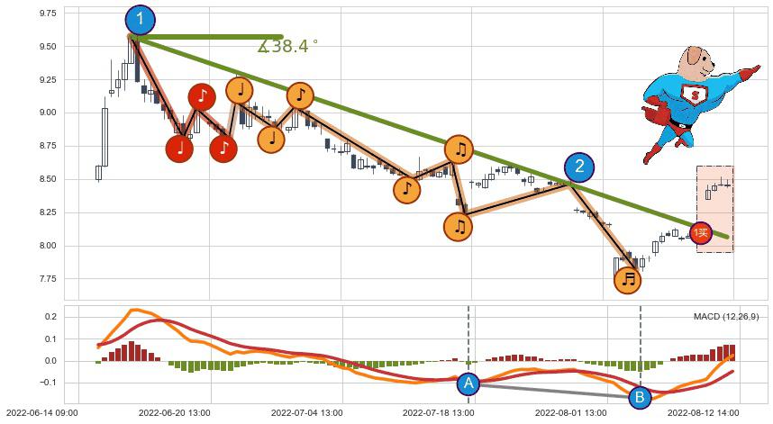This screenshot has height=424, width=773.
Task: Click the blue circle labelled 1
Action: [x=139, y=18]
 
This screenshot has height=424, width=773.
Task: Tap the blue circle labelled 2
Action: [x=579, y=167]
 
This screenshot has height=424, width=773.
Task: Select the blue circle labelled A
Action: [x=468, y=383]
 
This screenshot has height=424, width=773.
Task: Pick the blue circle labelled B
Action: [x=640, y=396]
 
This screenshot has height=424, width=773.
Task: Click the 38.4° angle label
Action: [x=288, y=47]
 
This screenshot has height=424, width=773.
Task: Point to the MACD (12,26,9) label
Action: [x=725, y=316]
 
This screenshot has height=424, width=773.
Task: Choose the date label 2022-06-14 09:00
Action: [x=44, y=413]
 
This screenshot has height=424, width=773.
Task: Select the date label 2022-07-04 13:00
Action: [x=306, y=413]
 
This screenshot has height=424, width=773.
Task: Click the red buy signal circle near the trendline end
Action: [x=700, y=232]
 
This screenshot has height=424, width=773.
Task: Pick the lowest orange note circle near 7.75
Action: [x=628, y=280]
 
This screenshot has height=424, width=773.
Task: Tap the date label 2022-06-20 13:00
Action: [x=174, y=413]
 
